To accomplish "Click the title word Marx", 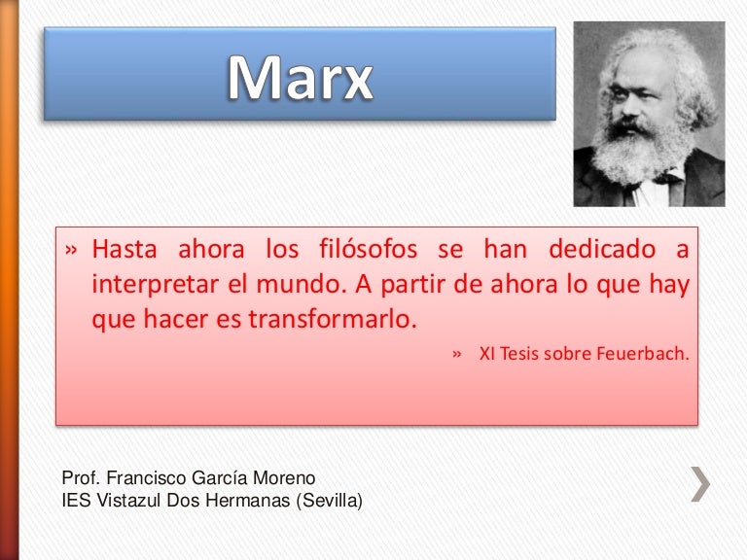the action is click(x=301, y=77).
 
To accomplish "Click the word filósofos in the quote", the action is click(x=369, y=249).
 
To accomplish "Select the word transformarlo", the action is click(x=333, y=319).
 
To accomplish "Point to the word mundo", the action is click(x=301, y=284).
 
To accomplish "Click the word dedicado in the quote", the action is click(x=602, y=249).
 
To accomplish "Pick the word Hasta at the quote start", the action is click(x=124, y=249).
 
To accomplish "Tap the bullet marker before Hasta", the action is click(x=71, y=250).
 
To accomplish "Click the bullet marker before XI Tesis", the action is click(x=457, y=354).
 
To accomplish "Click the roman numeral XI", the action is click(x=486, y=353).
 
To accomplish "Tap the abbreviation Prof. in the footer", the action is click(x=81, y=477).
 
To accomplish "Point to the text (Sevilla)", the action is click(x=329, y=501).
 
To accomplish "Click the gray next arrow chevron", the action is click(x=700, y=484).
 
